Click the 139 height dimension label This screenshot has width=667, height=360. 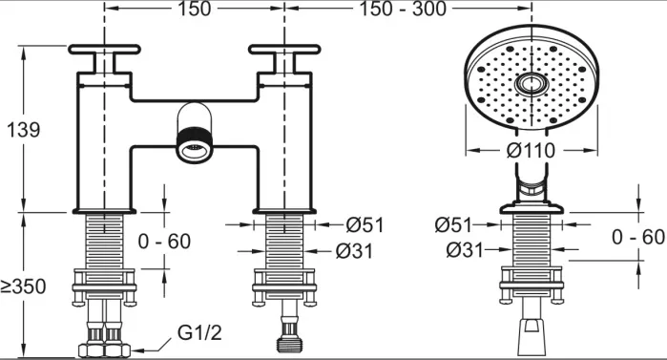tap(24, 130)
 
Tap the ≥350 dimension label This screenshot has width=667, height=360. tap(23, 286)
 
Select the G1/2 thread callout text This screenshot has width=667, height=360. tap(199, 332)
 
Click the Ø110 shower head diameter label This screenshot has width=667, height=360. tap(531, 150)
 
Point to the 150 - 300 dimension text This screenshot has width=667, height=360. tap(404, 9)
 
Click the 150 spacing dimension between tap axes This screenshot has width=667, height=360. tap(194, 9)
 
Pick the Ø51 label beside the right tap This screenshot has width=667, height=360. tap(365, 224)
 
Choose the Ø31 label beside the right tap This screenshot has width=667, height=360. tap(354, 251)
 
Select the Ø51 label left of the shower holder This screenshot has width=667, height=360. tap(453, 224)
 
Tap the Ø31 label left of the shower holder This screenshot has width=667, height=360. tap(465, 250)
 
